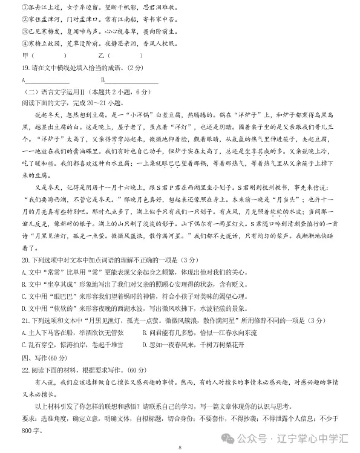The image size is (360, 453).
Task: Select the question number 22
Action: tap(24, 369)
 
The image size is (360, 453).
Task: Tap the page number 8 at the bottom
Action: tap(180, 447)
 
